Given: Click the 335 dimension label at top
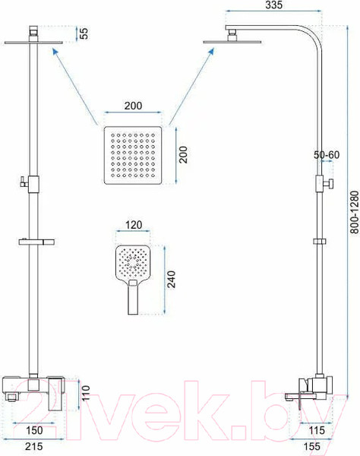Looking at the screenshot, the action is tap(273, 5).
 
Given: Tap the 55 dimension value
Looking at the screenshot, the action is tap(84, 33).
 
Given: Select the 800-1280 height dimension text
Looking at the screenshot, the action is tap(354, 212).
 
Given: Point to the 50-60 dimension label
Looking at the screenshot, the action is tap(327, 155).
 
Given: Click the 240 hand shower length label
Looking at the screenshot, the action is tap(172, 279).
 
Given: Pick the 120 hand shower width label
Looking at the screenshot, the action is tap(134, 225).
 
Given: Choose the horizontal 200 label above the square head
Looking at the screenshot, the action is tap(134, 106).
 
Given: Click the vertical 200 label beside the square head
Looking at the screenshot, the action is tap(183, 155).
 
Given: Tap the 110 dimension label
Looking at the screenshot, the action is tap(86, 393).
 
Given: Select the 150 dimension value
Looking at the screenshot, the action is tap(34, 430).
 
